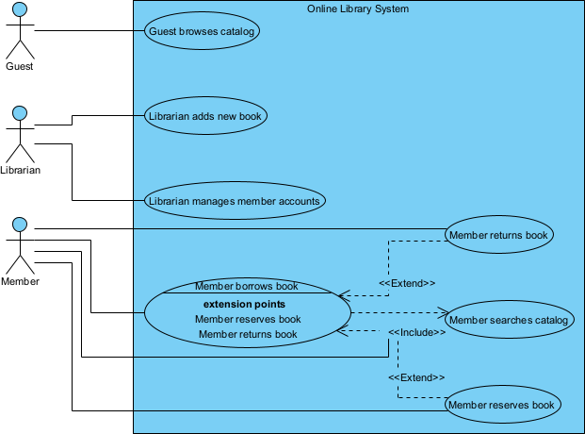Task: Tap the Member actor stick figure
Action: pos(19,245)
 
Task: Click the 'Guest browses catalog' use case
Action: pos(203,31)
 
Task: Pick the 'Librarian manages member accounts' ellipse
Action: pos(235,200)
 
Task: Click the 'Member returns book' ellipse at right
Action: pos(498,234)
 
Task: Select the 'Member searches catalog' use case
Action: pos(509,320)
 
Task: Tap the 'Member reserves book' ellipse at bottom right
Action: pos(503,405)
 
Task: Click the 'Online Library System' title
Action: pos(358,8)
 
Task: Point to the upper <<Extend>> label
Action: pos(407,283)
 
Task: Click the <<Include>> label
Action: pos(416,332)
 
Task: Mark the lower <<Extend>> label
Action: pos(416,377)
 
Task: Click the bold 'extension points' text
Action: pos(247,304)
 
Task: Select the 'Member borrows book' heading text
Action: pos(246,286)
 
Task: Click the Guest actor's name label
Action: pos(19,66)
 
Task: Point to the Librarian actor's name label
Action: pos(19,171)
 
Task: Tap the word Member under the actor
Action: pos(19,281)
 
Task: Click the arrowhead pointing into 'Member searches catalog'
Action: pos(441,311)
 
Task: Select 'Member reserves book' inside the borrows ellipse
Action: pos(248,319)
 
